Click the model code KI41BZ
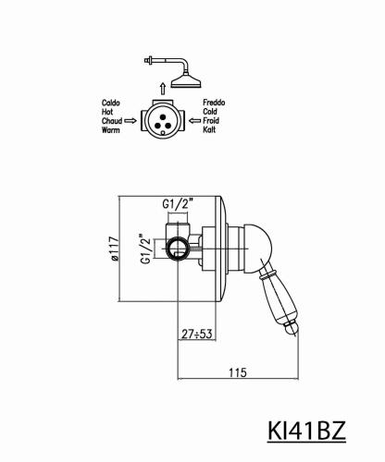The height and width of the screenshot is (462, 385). (x=306, y=431)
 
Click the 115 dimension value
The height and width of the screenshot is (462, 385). (x=238, y=372)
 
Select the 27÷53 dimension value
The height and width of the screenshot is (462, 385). (x=197, y=334)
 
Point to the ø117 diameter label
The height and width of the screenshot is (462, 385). (x=114, y=249)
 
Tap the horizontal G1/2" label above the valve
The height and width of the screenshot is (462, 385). (x=178, y=204)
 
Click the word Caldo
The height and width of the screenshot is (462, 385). (x=111, y=103)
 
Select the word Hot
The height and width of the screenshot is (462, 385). (x=107, y=112)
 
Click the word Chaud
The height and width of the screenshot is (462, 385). (x=112, y=121)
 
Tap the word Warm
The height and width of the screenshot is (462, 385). (x=111, y=130)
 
